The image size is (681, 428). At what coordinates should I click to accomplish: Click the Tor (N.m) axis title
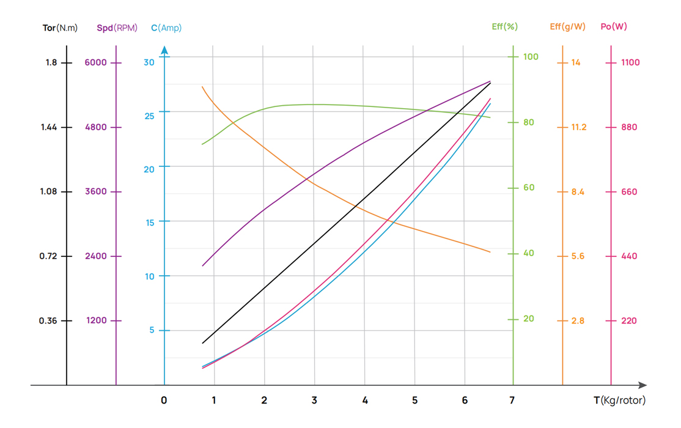(x=60, y=28)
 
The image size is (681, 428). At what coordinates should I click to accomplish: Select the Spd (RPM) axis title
(x=117, y=28)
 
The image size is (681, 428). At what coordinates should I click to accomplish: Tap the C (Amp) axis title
(x=166, y=28)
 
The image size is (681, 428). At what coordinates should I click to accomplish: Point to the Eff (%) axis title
(x=504, y=26)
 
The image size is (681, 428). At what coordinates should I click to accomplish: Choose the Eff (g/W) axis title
(x=567, y=26)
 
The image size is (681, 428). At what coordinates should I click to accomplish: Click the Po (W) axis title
(x=614, y=26)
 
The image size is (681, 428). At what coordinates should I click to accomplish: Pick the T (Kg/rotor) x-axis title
(x=619, y=400)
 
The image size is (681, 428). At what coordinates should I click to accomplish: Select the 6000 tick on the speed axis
(x=96, y=62)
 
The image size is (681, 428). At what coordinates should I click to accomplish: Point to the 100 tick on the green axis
(x=531, y=57)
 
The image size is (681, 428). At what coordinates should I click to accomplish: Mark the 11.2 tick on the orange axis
(x=578, y=127)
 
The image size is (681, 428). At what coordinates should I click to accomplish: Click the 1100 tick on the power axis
(x=630, y=62)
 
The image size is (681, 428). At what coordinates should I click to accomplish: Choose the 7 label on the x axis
(x=512, y=400)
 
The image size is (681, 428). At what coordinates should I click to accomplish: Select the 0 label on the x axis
(x=164, y=400)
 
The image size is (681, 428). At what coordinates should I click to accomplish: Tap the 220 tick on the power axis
(x=628, y=320)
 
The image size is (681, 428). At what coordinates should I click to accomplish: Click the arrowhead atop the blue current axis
(x=164, y=51)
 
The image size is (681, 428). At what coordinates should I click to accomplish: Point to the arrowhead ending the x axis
(x=642, y=385)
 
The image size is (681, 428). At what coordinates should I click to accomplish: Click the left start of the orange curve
(x=202, y=87)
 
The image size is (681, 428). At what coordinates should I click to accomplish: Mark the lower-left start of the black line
(x=202, y=343)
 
